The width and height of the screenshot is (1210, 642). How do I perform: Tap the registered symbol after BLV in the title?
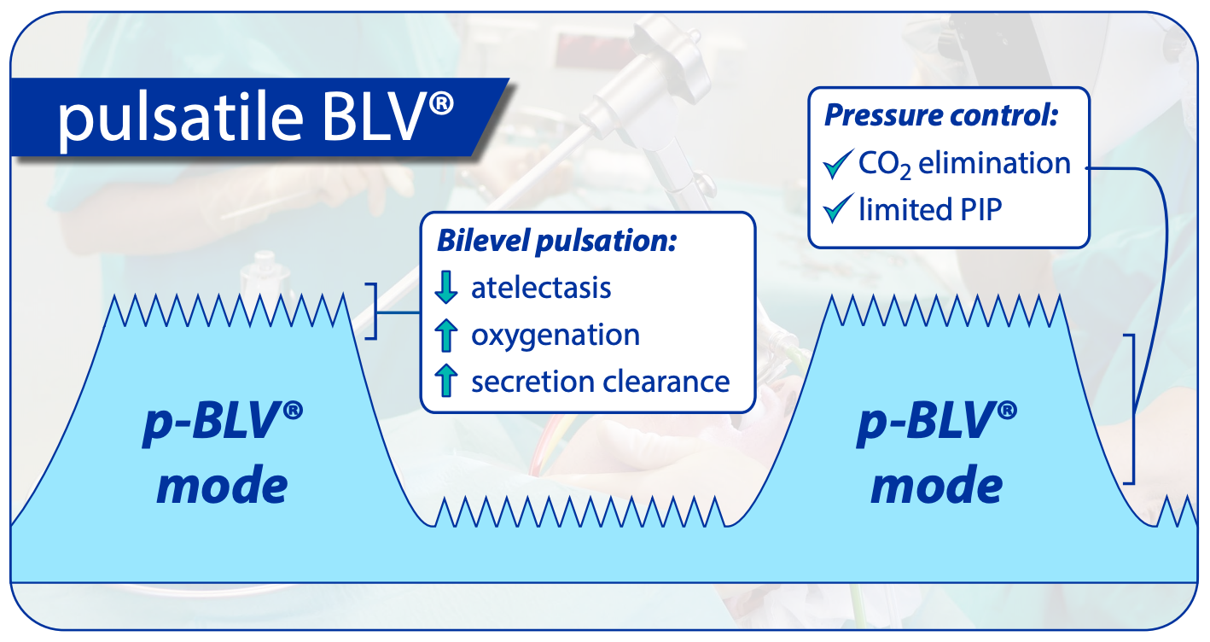click(441, 103)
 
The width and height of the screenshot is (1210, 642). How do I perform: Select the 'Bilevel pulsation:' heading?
click(556, 241)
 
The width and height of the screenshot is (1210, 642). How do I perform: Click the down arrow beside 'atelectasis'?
click(446, 287)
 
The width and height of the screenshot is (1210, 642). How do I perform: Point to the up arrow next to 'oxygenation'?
click(446, 335)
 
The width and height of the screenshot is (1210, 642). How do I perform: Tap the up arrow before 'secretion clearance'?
click(446, 381)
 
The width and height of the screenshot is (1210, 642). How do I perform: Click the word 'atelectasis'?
click(541, 288)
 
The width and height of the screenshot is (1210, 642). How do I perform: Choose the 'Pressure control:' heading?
click(940, 114)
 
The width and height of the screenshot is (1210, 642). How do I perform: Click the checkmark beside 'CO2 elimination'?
click(839, 164)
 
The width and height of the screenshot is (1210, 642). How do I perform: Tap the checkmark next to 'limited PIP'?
click(839, 208)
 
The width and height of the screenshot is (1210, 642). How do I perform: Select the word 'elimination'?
click(994, 163)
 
